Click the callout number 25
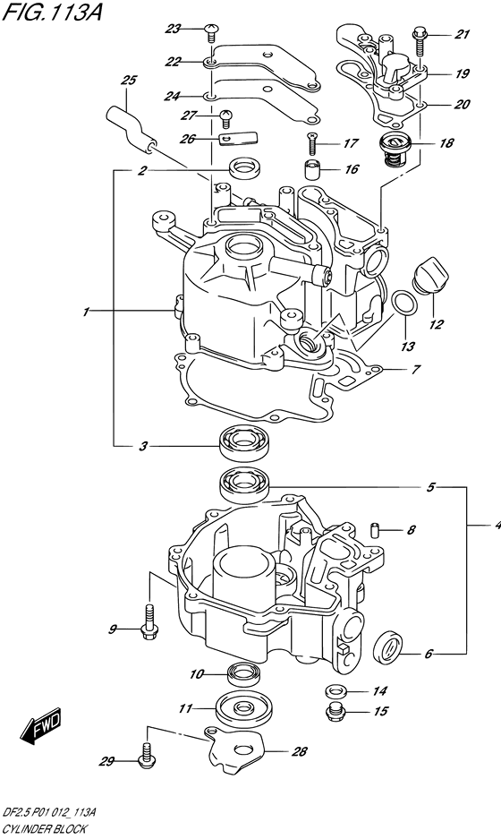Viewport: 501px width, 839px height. pos(128,81)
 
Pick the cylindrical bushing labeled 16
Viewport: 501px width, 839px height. pos(311,169)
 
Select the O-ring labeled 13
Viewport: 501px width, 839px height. pos(404,303)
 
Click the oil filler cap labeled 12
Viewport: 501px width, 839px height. pos(431,275)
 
